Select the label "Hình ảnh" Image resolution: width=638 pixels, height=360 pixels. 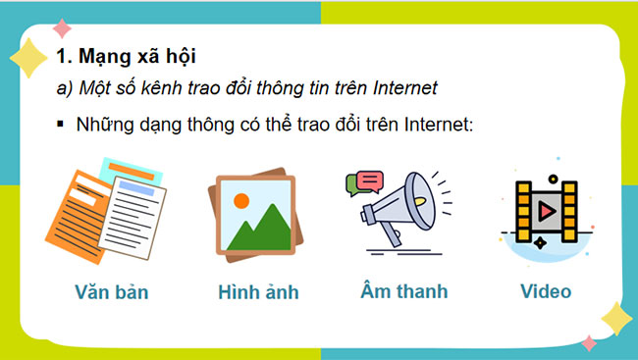click(x=258, y=292)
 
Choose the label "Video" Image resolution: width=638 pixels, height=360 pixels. click(x=546, y=291)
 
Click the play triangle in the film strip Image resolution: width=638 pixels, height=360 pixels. click(x=546, y=210)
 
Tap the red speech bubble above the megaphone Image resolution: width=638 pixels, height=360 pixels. click(x=369, y=180)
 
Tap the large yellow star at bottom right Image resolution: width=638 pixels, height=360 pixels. click(x=615, y=317)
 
